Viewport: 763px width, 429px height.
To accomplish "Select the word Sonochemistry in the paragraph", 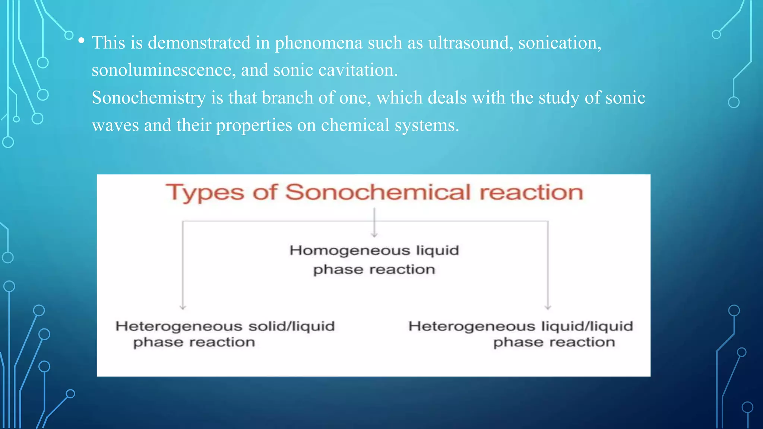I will (x=149, y=98).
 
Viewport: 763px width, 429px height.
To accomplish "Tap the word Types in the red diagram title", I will (x=205, y=193).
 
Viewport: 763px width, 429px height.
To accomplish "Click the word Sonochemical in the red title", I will (x=378, y=193).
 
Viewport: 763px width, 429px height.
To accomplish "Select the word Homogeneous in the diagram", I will (x=350, y=251).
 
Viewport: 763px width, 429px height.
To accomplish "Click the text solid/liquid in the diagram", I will (x=292, y=327).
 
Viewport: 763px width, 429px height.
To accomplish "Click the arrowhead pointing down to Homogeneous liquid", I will (x=374, y=235).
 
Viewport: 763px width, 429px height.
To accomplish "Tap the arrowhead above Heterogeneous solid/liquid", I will (x=183, y=307).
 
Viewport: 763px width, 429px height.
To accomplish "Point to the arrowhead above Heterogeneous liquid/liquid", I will (x=548, y=307).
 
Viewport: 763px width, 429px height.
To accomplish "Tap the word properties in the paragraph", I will (x=254, y=125).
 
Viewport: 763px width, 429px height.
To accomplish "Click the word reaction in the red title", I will (x=531, y=193).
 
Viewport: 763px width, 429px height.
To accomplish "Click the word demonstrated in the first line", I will (x=199, y=43).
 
